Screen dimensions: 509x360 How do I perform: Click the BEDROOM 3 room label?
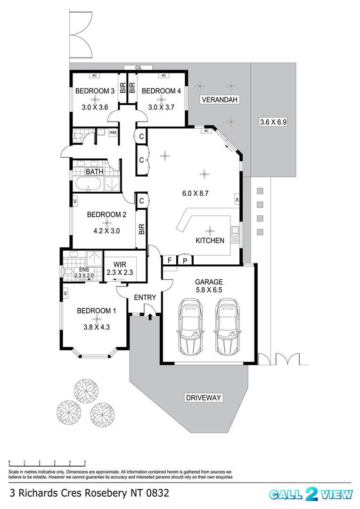tap(95, 91)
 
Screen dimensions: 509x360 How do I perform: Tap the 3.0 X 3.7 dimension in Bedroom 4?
tap(161, 107)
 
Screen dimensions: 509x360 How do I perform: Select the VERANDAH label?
tap(220, 99)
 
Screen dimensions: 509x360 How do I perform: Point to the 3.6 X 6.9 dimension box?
tap(273, 122)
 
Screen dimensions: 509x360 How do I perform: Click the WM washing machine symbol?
tap(113, 133)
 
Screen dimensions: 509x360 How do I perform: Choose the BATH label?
tap(94, 172)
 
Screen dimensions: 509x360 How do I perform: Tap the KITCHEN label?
tap(210, 240)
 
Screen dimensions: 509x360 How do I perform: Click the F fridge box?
tap(169, 260)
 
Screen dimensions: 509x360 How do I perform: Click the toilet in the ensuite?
tap(69, 272)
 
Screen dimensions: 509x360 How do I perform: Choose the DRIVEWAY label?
tap(203, 398)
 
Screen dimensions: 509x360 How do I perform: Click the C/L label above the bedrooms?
tap(139, 68)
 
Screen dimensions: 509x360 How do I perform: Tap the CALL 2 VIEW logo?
tap(311, 493)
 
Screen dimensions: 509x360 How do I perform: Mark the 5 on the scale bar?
tap(85, 462)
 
